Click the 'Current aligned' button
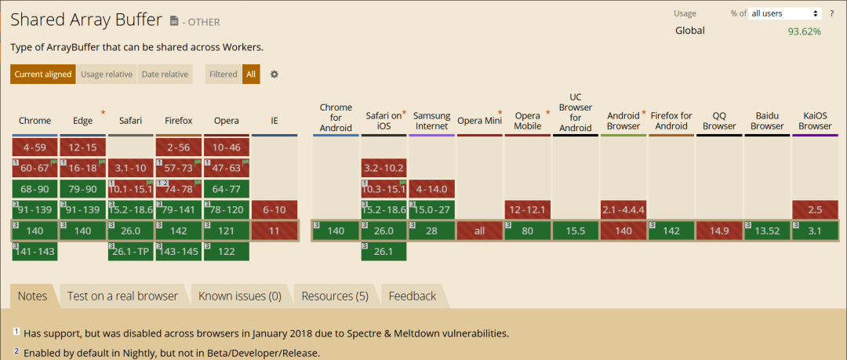tap(43, 75)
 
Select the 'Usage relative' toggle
tap(107, 75)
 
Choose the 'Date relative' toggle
tap(165, 75)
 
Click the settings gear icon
tap(274, 75)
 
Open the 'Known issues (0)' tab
tap(239, 296)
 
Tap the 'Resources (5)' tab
tap(335, 296)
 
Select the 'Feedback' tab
tap(412, 296)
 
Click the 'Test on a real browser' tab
tap(122, 296)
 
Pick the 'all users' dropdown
tap(785, 13)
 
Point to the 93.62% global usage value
tap(804, 31)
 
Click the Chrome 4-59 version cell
tap(35, 147)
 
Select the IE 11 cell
tap(274, 231)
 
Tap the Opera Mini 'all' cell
tap(480, 231)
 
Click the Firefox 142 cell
tap(179, 231)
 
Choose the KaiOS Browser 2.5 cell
tap(816, 210)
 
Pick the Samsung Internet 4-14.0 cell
tap(431, 189)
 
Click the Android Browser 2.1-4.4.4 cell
tap(624, 210)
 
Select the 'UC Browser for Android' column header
tap(576, 113)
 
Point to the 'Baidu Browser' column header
tap(767, 121)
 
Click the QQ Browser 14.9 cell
tap(720, 231)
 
